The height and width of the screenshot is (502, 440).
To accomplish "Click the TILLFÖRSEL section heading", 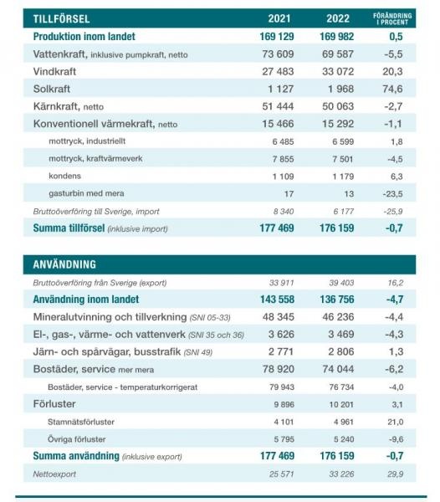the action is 61,18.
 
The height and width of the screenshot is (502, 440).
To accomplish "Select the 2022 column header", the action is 338,18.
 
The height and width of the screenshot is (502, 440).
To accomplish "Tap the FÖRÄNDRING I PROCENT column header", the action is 392,19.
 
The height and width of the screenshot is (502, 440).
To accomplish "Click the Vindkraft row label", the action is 54,71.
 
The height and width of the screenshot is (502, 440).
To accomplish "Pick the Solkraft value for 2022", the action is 340,89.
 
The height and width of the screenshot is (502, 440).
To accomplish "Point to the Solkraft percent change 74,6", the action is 392,89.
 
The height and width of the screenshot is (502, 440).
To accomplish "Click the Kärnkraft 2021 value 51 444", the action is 278,106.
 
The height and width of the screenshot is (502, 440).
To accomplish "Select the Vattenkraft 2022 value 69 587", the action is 338,54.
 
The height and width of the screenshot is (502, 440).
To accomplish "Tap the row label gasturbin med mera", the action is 86,193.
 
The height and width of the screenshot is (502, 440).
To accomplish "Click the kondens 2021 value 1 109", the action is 283,177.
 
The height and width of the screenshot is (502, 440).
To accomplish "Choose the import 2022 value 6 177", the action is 343,212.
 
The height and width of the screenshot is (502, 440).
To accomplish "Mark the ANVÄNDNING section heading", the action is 64,264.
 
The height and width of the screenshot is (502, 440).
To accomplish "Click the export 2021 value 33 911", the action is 281,283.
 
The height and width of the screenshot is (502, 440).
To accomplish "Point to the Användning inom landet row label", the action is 86,300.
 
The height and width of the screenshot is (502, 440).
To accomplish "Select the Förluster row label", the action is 54,404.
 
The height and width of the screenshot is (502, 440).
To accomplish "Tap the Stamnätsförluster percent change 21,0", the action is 395,422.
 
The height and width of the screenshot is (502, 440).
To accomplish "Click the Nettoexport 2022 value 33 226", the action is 341,474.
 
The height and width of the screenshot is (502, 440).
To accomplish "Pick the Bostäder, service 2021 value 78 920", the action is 279,369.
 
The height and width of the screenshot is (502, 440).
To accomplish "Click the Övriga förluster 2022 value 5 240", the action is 344,439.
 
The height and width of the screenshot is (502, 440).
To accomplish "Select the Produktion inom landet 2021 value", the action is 277,37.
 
